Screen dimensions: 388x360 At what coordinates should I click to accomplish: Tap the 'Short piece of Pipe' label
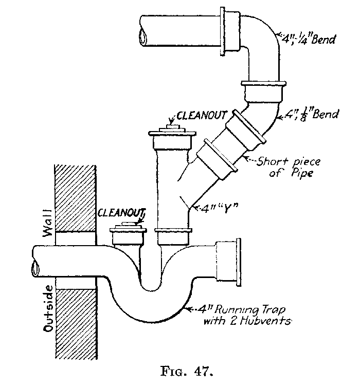[x=285, y=168]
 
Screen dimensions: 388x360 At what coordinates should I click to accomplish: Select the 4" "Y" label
[x=216, y=208]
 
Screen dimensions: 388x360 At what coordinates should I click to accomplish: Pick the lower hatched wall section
[x=76, y=319]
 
